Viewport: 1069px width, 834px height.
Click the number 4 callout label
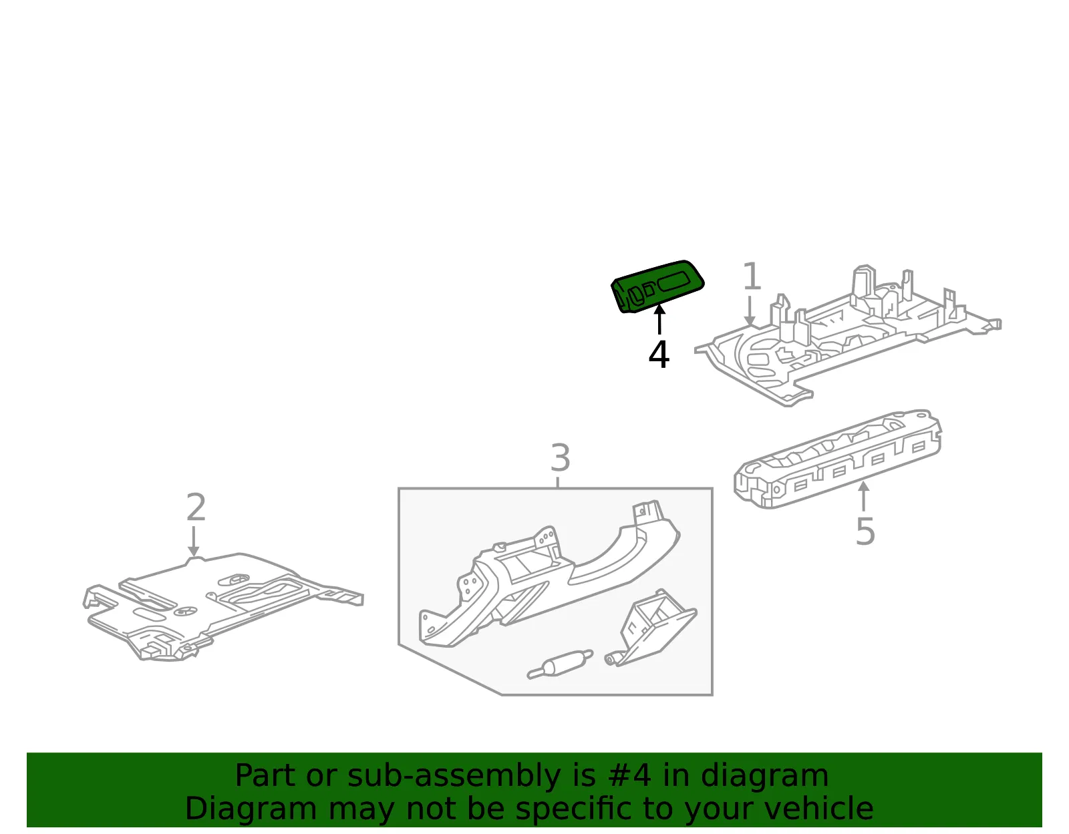coord(659,355)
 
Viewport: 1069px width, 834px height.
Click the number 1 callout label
coord(752,276)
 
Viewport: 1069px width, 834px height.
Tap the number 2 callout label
coord(196,507)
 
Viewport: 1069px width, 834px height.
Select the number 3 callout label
coord(561,457)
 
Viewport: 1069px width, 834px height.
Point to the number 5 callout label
coord(865,532)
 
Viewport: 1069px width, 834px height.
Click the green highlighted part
coord(657,286)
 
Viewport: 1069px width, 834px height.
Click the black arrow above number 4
coord(659,319)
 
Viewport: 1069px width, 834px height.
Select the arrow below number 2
coord(193,542)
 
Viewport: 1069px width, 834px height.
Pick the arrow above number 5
coord(863,496)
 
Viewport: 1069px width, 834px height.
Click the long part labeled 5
coord(837,459)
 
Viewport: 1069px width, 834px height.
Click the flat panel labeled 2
coord(222,606)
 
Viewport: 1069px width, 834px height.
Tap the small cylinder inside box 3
coord(560,666)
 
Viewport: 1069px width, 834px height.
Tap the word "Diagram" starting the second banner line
coord(251,810)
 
